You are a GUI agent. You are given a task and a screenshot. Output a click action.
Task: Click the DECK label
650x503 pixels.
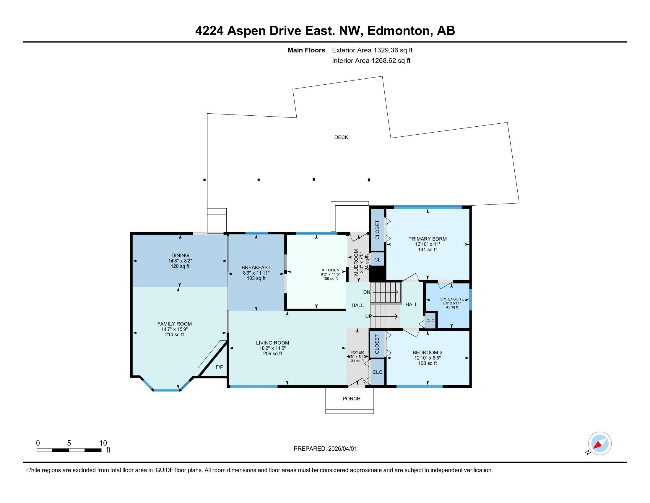tap(341, 137)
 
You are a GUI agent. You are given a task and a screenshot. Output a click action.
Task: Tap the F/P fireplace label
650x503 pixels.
tap(219, 367)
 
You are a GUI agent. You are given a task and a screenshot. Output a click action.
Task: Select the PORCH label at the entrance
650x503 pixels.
tap(351, 399)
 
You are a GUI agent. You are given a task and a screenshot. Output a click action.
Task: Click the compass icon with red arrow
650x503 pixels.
tap(599, 443)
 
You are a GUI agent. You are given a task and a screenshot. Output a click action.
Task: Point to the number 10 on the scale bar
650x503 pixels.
tap(103, 443)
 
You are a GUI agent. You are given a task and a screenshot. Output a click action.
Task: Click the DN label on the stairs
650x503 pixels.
tap(367, 292)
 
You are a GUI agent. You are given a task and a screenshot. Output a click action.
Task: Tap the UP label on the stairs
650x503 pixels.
tap(368, 316)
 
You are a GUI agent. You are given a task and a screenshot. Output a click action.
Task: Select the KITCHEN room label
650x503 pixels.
tap(330, 270)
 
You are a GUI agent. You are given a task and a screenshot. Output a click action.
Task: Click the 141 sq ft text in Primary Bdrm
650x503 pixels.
tap(428, 250)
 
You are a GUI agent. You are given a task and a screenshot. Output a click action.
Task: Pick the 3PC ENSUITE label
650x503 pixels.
tap(452, 299)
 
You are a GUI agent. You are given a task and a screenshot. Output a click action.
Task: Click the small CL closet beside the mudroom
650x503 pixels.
tap(377, 259)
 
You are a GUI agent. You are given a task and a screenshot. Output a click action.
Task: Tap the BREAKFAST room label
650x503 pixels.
tap(256, 267)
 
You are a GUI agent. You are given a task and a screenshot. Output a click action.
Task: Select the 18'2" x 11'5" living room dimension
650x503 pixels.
tap(272, 348)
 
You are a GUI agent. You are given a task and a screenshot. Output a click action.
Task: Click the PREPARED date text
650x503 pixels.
tap(325, 449)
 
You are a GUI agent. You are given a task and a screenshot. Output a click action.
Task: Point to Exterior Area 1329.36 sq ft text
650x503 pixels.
tap(372, 50)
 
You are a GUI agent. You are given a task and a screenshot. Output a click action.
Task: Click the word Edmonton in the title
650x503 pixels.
tap(400, 31)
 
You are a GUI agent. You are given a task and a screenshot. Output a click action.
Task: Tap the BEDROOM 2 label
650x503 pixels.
tap(428, 352)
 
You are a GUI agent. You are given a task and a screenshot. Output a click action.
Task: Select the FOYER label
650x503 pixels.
tap(357, 352)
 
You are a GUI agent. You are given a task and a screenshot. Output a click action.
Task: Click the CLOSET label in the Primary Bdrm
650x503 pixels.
tap(377, 230)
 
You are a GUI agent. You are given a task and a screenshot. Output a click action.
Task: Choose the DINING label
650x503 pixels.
tap(180, 255)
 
